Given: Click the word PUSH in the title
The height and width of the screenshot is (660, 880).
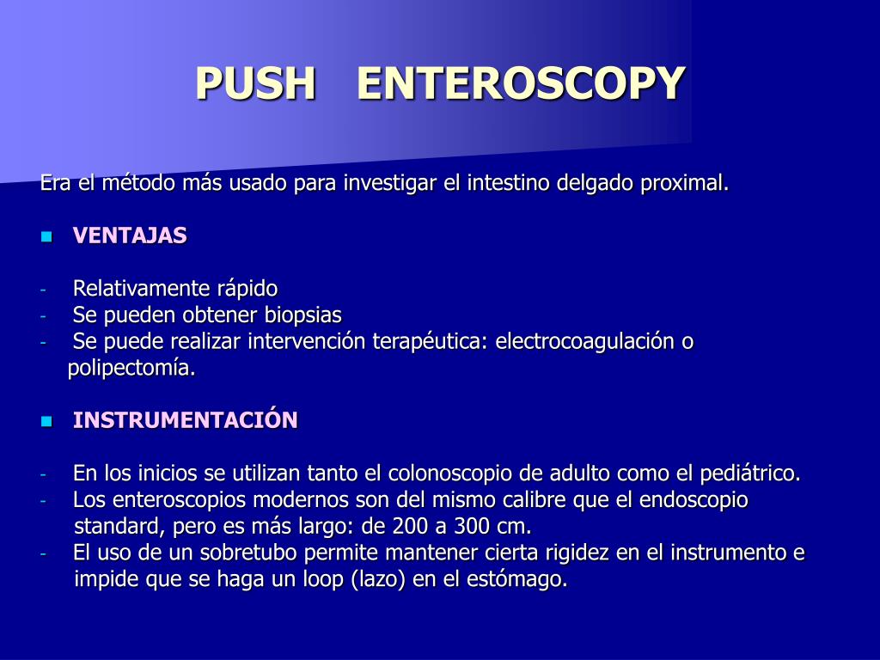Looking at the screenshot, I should click(255, 83).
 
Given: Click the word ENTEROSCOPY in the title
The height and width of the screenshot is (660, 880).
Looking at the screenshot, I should click(521, 83).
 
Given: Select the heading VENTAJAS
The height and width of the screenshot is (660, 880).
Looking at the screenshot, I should click(130, 235).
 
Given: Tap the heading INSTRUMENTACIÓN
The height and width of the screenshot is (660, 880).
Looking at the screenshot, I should click(186, 420).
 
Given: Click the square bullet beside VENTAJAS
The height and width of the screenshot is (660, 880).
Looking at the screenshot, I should click(46, 236).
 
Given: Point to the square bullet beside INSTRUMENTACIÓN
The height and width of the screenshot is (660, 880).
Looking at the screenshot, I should click(46, 421).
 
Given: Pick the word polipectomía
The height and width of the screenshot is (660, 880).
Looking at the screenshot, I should click(131, 369).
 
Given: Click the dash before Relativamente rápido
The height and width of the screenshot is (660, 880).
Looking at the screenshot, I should click(43, 290).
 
